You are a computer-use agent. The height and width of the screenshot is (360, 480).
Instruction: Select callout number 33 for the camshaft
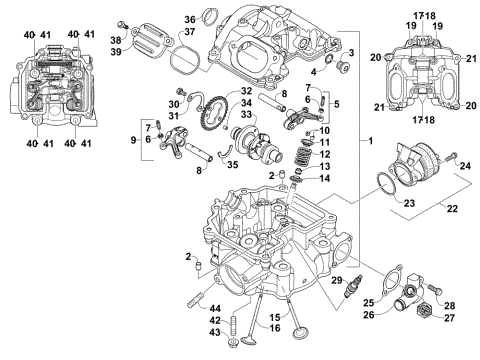tap(246, 115)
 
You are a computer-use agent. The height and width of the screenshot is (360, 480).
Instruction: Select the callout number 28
tap(449, 305)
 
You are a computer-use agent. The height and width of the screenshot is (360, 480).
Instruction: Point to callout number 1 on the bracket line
tap(371, 140)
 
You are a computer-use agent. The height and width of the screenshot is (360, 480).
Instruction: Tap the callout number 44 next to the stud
tap(216, 307)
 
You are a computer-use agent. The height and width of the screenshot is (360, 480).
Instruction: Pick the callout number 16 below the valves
tap(274, 326)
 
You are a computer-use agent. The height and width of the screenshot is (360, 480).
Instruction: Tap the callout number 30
tap(173, 103)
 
